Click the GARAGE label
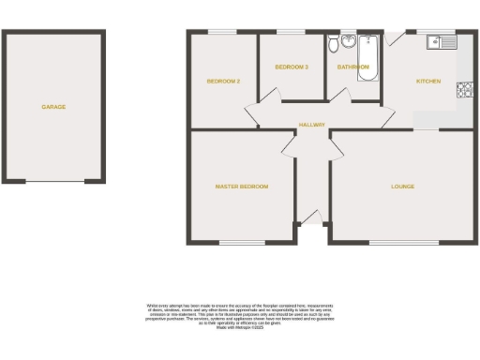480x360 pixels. pos(53,107)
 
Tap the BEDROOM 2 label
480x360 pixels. pos(224,82)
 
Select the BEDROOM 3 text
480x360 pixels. pos(292,67)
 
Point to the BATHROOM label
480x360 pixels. pos(354,67)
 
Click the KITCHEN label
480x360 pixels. pos(428,82)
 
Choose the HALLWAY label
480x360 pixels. pos(311,125)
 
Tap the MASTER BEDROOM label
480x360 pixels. pos(242,187)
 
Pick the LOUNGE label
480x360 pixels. pos(403,187)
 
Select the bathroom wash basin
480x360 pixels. pos(348,40)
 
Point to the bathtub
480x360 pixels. pos(367,57)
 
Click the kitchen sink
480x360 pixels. pos(439,42)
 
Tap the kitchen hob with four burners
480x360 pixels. pos(462,90)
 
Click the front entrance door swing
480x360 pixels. pos(310,217)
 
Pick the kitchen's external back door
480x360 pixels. pos(395,37)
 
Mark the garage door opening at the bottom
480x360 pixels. pos(53,182)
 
